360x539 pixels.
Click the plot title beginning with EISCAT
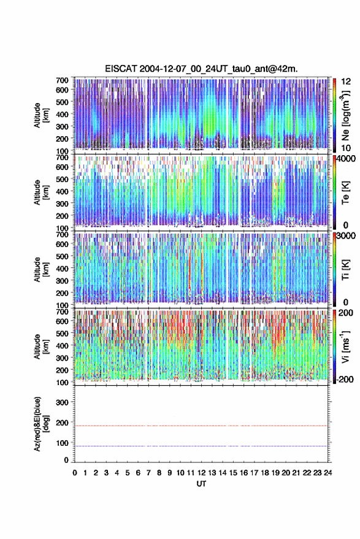[201, 69]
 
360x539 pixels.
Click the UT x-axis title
[201, 484]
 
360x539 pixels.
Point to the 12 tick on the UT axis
[201, 473]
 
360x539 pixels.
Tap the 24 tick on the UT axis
[327, 473]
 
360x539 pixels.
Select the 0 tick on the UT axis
[75, 473]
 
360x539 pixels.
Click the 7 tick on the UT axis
[148, 473]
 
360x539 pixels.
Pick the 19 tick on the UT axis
[275, 473]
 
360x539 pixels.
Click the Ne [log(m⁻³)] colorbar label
[345, 115]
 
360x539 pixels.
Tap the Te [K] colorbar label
[345, 193]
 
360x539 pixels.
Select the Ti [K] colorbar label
[345, 270]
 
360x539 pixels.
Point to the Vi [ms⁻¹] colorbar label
[345, 346]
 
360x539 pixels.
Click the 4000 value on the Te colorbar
[346, 159]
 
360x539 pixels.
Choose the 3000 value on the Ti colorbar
[346, 236]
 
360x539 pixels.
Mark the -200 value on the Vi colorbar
[344, 380]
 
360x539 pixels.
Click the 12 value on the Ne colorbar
[346, 82]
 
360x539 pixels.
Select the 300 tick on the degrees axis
[62, 402]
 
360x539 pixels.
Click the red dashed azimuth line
[201, 426]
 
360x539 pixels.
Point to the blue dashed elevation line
[201, 446]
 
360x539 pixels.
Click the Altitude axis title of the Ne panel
[41, 115]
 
